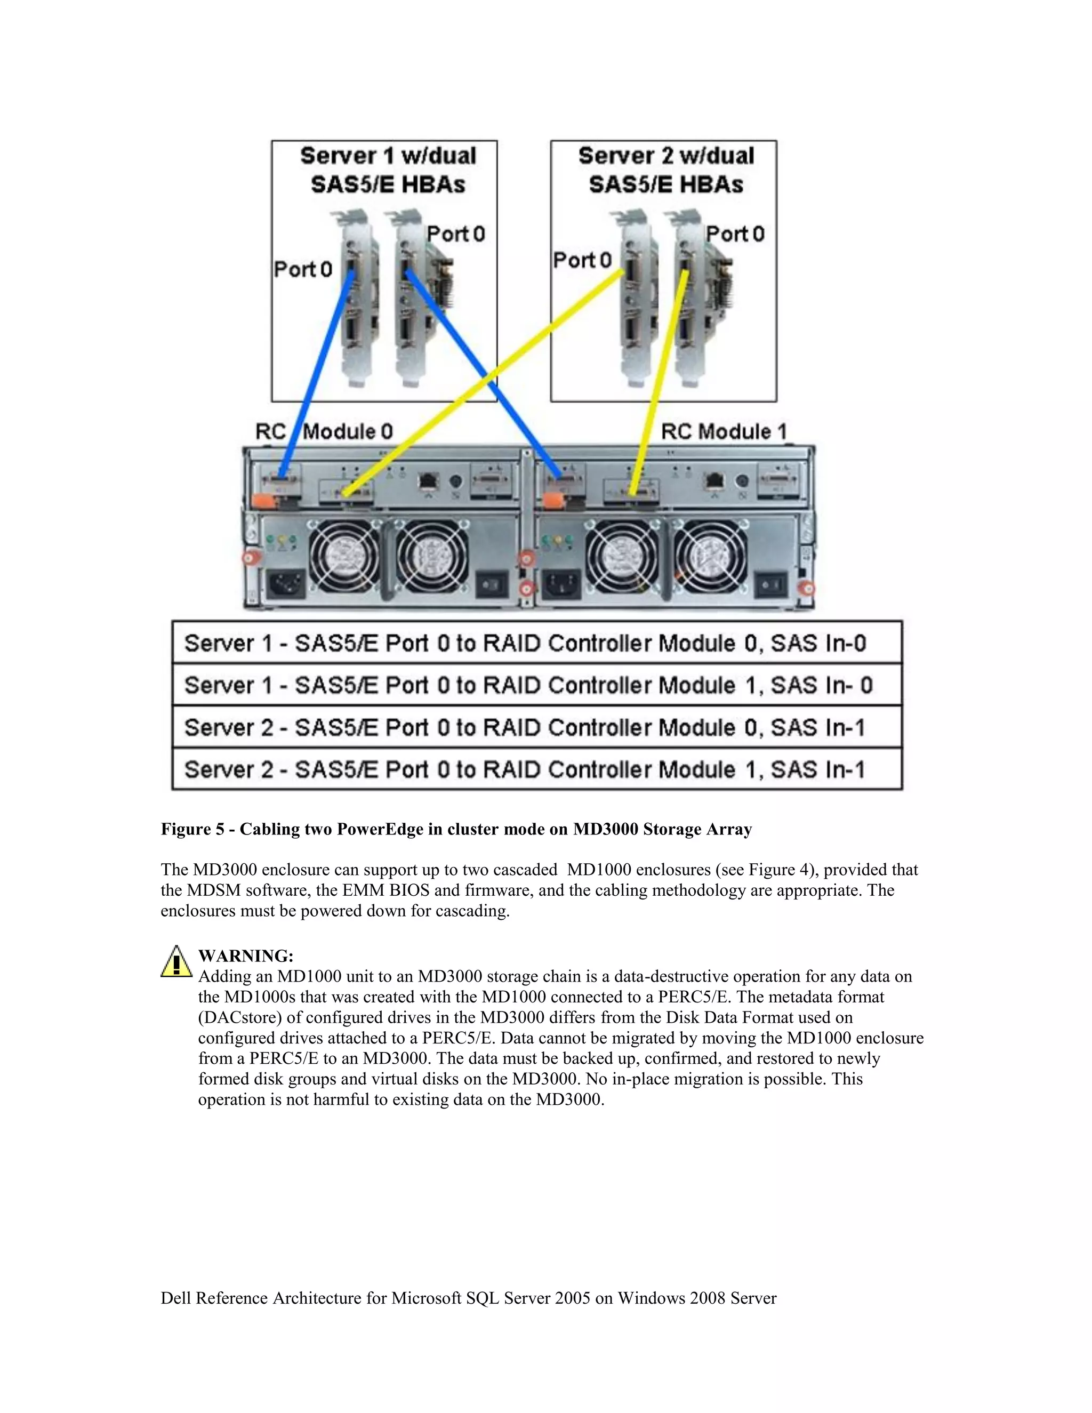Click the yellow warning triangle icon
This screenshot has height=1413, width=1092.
click(176, 962)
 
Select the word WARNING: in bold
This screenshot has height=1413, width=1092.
click(245, 956)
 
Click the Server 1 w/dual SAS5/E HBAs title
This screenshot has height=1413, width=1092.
click(388, 170)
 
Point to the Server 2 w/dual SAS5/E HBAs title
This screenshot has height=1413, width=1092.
click(665, 170)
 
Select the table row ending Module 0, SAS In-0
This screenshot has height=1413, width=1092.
click(537, 643)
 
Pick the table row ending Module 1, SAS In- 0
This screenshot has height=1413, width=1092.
click(537, 685)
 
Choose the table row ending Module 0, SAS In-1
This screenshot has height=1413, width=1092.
click(537, 727)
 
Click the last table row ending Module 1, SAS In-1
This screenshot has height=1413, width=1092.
click(537, 769)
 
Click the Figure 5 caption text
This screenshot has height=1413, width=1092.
click(456, 830)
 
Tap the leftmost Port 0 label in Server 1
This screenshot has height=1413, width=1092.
click(303, 269)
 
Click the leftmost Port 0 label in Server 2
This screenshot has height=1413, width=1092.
click(582, 260)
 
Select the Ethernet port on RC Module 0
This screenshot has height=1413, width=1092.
click(428, 481)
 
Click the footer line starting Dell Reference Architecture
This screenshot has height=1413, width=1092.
click(468, 1298)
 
